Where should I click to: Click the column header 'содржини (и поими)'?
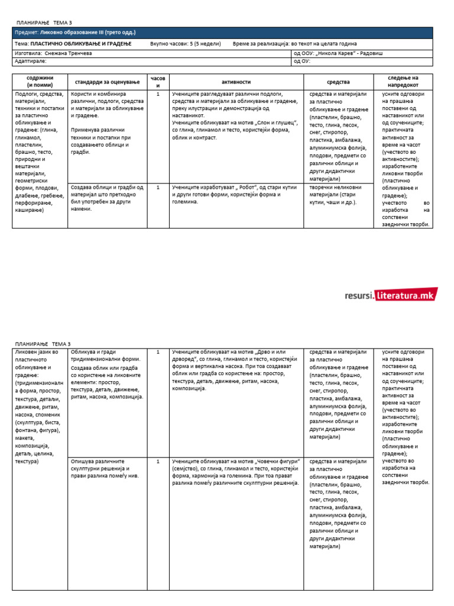(40, 82)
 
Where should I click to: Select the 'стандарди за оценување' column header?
(107, 82)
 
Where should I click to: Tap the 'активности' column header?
(236, 82)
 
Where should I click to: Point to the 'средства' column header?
(338, 82)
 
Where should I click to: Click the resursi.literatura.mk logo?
(391, 295)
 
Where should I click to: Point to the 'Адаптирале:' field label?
(30, 60)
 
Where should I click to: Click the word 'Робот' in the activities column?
(257, 187)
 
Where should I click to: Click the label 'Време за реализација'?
(261, 44)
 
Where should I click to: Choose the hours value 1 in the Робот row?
(157, 187)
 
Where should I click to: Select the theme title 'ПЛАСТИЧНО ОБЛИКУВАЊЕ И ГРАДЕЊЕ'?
(82, 44)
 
